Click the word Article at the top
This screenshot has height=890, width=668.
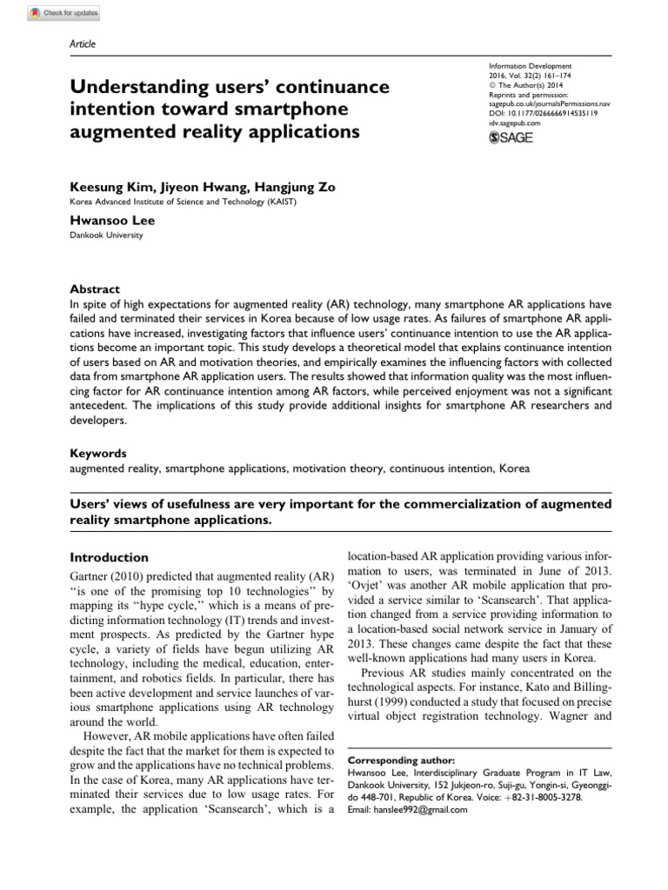tap(82, 44)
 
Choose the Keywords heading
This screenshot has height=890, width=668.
tap(97, 453)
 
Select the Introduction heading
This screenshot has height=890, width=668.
tap(109, 557)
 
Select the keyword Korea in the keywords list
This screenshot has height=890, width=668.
tap(513, 468)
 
